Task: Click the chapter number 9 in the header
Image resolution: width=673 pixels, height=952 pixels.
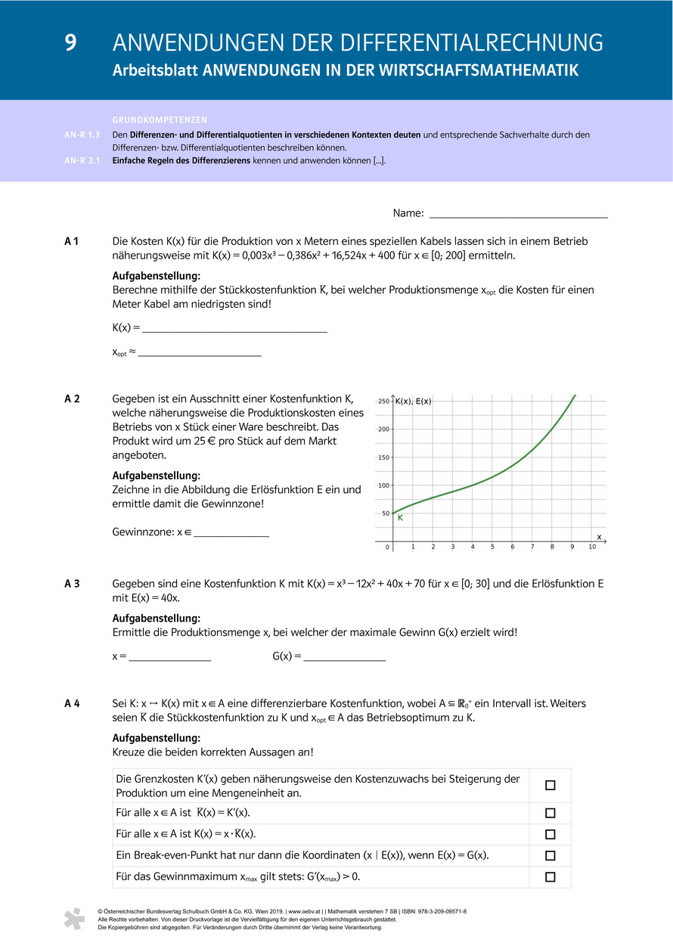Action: [x=70, y=42]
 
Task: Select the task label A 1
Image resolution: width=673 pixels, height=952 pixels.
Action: [x=73, y=241]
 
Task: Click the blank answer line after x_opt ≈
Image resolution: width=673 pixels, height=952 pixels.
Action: [x=200, y=354]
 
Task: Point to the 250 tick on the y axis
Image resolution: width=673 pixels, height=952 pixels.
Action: [x=383, y=401]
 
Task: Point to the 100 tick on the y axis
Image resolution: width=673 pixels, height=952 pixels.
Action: [x=383, y=485]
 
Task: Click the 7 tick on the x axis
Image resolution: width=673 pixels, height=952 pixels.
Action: [x=532, y=547]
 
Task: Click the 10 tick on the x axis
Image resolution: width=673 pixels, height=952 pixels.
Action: [x=592, y=547]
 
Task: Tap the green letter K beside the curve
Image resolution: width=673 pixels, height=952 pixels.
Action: [x=400, y=518]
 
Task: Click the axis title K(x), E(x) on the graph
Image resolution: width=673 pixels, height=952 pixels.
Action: [x=413, y=401]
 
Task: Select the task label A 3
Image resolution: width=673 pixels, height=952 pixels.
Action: [x=73, y=584]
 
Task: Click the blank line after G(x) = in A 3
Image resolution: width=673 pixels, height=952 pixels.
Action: [x=344, y=658]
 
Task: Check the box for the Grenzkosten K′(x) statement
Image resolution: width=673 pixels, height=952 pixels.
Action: [x=550, y=786]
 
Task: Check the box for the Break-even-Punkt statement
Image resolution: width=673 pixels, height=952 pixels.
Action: [x=550, y=856]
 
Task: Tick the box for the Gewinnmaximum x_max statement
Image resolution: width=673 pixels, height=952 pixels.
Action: [x=550, y=877]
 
